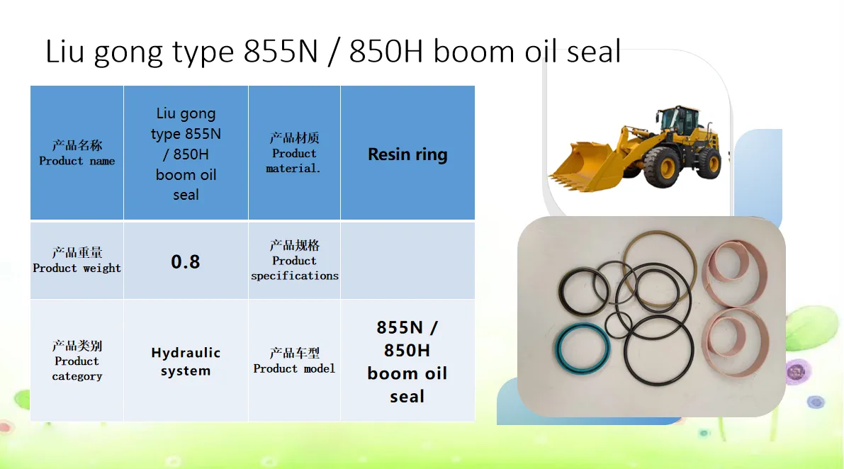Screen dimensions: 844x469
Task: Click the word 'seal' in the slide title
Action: click(593, 52)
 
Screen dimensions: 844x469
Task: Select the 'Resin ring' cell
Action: click(407, 153)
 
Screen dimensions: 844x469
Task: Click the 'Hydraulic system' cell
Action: click(186, 361)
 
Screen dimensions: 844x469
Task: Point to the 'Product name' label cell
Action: click(77, 153)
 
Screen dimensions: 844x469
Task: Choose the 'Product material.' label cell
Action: click(294, 153)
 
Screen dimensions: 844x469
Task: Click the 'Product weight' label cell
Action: click(77, 261)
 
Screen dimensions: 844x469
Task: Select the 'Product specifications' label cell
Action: click(294, 261)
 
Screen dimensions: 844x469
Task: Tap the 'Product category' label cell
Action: click(77, 361)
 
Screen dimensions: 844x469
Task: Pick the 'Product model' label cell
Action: click(294, 361)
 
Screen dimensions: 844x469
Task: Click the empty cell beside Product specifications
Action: click(407, 261)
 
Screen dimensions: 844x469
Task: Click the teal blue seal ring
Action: click(582, 349)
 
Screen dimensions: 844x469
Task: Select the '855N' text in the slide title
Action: click(281, 52)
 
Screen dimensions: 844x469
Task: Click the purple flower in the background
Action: click(796, 371)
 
